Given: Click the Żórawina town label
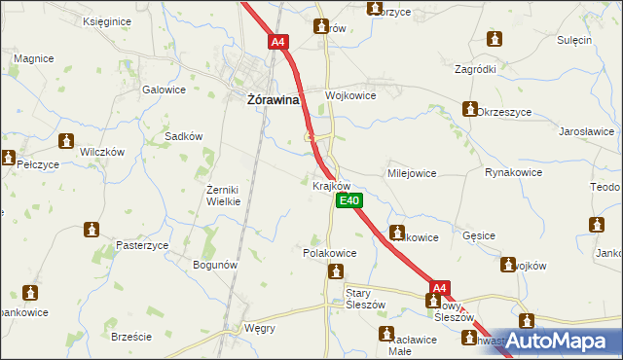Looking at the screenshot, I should click(270, 99).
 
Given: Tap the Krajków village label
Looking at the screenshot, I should click(331, 185).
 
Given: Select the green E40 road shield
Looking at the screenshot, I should click(349, 201).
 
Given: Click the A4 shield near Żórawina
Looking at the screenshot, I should click(279, 43).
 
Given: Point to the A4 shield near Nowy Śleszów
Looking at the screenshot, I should click(440, 288).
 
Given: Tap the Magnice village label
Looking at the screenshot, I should click(33, 58).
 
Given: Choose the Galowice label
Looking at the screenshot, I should click(164, 90).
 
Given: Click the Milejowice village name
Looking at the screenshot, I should click(412, 173).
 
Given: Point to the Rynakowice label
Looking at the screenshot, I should click(513, 172).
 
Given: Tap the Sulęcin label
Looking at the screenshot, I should click(575, 40).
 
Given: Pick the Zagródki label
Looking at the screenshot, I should click(475, 70).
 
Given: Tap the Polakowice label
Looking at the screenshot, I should click(329, 252).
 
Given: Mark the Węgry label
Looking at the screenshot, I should click(260, 328).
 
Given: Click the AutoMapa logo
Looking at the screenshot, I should click(556, 341).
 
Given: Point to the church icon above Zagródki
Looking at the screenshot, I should click(494, 40).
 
